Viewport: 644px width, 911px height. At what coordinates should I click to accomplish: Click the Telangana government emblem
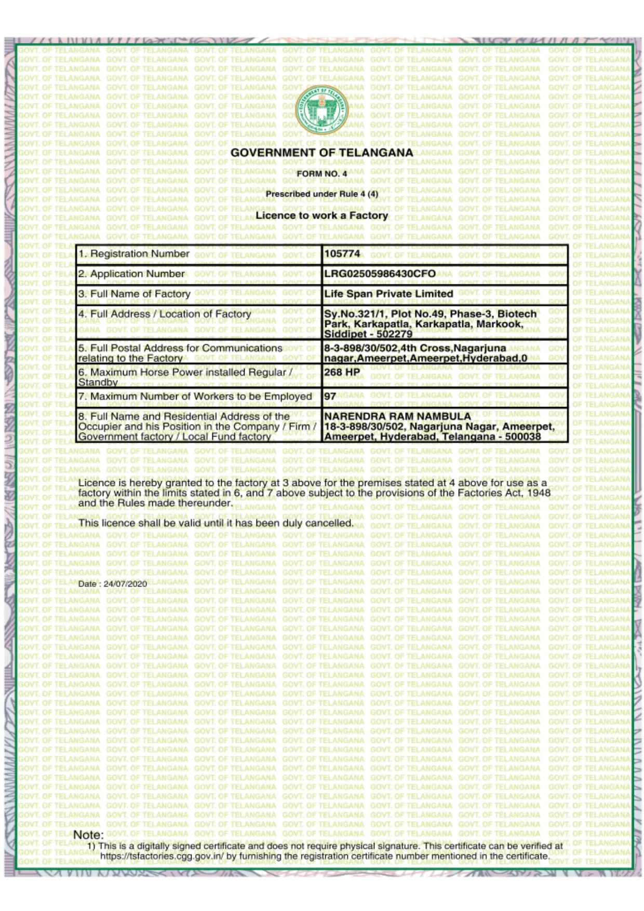click(321, 110)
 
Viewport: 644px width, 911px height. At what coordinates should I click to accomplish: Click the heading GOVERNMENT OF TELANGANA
click(321, 153)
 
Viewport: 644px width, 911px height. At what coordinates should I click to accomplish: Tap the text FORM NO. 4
click(321, 173)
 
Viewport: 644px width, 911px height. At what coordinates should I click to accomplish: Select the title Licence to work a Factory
click(321, 215)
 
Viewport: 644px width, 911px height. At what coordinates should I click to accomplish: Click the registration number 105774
click(342, 254)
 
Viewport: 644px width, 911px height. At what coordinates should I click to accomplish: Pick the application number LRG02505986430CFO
click(380, 274)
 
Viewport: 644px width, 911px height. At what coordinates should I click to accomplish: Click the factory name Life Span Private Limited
click(388, 294)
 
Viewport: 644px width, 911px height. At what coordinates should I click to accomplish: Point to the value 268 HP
click(342, 372)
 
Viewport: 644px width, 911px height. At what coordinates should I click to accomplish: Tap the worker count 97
click(330, 396)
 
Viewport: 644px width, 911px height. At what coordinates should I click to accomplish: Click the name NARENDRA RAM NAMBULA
click(397, 416)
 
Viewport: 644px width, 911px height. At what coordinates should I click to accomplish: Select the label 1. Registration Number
click(133, 254)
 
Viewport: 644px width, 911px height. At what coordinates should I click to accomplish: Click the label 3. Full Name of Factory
click(134, 294)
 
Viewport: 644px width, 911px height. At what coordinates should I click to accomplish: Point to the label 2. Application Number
click(131, 274)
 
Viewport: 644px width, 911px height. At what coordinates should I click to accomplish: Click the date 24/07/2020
click(125, 583)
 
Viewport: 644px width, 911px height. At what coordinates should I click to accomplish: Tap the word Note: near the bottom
click(88, 835)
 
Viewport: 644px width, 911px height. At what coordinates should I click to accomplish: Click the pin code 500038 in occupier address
click(523, 437)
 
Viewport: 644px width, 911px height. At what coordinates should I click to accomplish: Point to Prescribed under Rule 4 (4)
click(321, 194)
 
